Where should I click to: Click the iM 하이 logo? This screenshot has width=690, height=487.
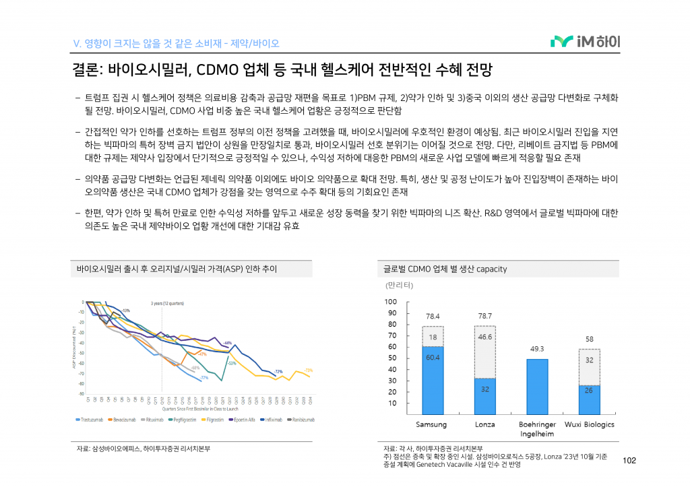pyautogui.click(x=585, y=42)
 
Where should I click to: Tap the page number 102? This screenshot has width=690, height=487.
pyautogui.click(x=630, y=461)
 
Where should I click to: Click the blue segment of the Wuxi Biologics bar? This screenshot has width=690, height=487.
pyautogui.click(x=589, y=399)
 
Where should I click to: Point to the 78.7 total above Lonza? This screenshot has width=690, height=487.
pyautogui.click(x=484, y=316)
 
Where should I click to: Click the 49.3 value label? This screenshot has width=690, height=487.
pyautogui.click(x=537, y=349)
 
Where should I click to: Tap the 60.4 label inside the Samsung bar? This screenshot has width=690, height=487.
pyautogui.click(x=433, y=358)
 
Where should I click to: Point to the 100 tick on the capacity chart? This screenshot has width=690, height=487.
pyautogui.click(x=391, y=302)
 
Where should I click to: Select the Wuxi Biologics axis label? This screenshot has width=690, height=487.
pyautogui.click(x=589, y=424)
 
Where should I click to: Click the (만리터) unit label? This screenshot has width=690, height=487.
pyautogui.click(x=398, y=285)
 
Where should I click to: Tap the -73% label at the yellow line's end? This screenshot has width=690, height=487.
pyautogui.click(x=309, y=370)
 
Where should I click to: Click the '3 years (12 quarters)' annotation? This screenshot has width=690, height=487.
pyautogui.click(x=167, y=303)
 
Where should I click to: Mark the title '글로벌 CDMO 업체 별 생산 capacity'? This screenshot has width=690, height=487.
pyautogui.click(x=445, y=269)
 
